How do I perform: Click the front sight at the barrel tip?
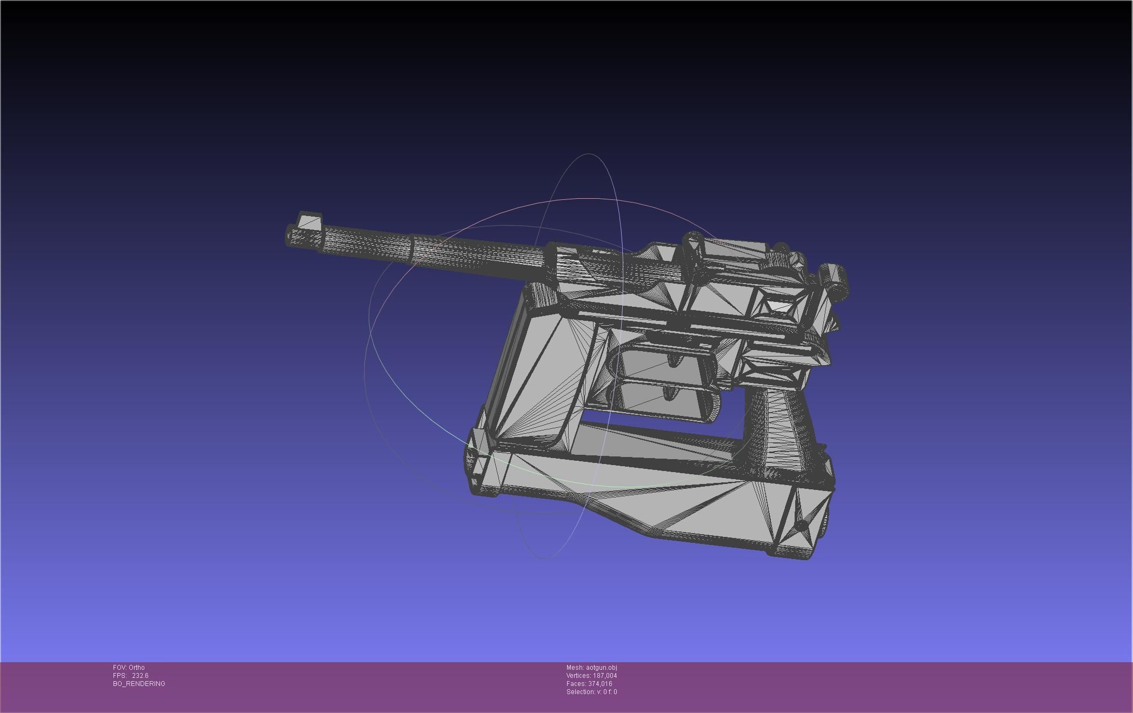(x=310, y=221)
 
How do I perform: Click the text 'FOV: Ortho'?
(x=129, y=668)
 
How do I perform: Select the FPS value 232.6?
(x=140, y=676)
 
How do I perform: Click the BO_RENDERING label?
(x=139, y=684)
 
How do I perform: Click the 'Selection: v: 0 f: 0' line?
(x=591, y=692)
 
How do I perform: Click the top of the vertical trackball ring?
(x=589, y=154)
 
